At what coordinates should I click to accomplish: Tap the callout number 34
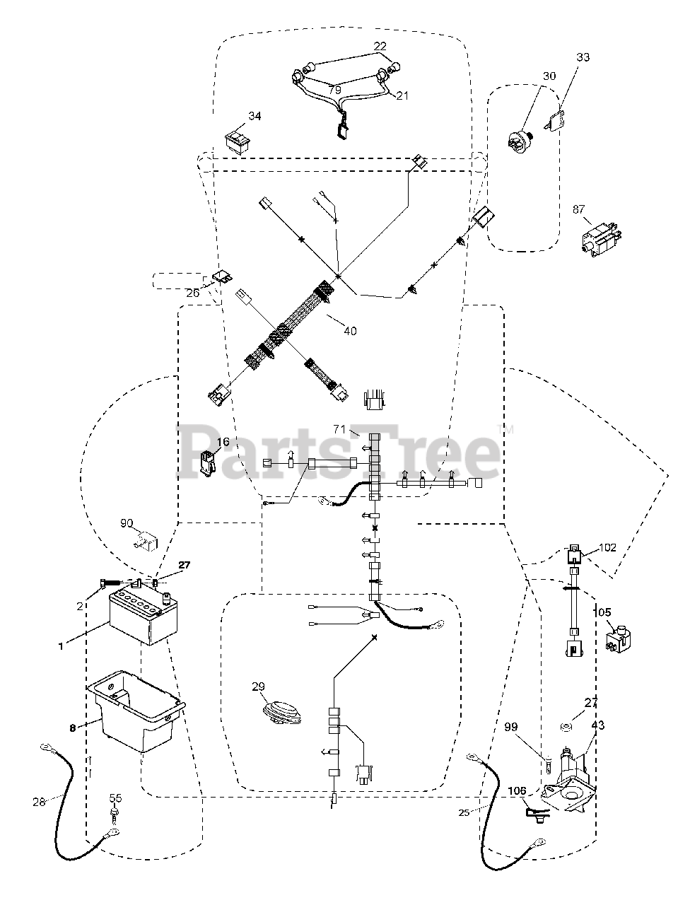255,116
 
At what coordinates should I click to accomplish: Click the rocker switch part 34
236,141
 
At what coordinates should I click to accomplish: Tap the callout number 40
349,330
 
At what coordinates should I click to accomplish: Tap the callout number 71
340,429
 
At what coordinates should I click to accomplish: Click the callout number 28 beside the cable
38,802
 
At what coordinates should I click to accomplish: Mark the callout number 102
607,547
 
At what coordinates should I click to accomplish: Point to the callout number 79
335,90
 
